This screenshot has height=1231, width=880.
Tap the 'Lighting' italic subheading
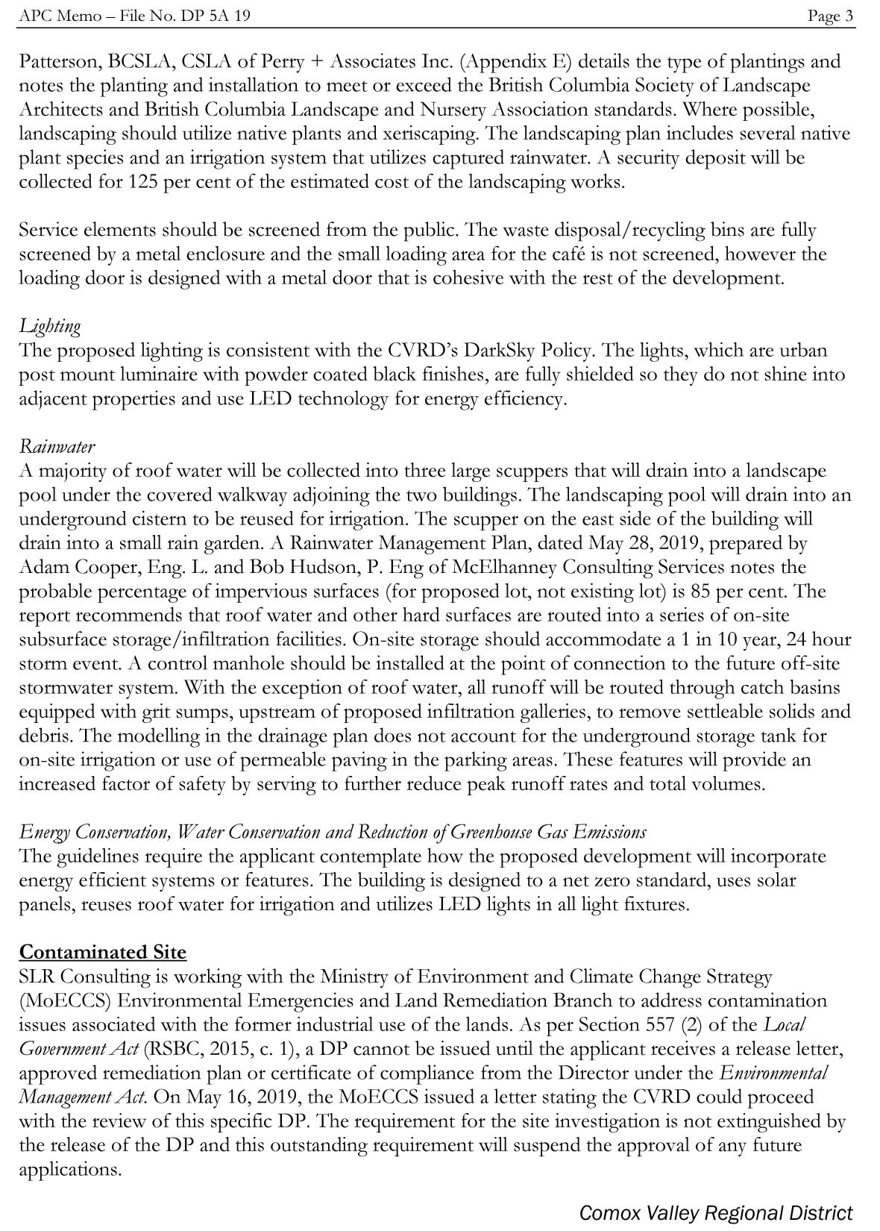(x=50, y=327)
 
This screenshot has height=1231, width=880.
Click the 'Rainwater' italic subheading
(x=57, y=447)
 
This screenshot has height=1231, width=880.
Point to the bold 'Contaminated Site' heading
(x=103, y=952)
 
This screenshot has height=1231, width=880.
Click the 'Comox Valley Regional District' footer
(x=715, y=1212)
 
